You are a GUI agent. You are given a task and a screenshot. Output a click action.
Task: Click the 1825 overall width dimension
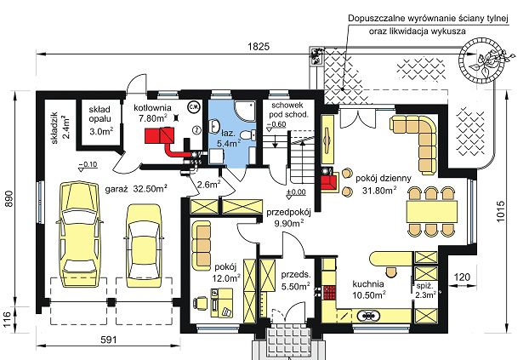pyautogui.click(x=259, y=47)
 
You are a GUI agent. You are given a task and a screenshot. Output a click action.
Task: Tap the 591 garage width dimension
pyautogui.click(x=109, y=340)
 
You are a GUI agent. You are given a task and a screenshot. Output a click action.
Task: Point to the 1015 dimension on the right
pyautogui.click(x=501, y=211)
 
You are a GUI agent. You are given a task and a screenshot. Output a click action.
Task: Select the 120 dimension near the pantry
pyautogui.click(x=462, y=277)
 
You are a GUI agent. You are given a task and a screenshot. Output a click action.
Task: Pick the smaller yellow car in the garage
pyautogui.click(x=144, y=245)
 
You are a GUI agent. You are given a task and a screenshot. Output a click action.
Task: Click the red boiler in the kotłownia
pyautogui.click(x=160, y=134)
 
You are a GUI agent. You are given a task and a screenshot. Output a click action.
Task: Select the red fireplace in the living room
pyautogui.click(x=328, y=181)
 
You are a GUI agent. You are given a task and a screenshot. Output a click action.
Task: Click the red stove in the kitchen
pyautogui.click(x=330, y=293)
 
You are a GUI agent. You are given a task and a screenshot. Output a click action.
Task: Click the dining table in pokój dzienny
pyautogui.click(x=432, y=211)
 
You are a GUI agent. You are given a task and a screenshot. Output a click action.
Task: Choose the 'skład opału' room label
pyautogui.click(x=100, y=114)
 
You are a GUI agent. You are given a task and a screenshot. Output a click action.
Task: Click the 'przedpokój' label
pyautogui.click(x=288, y=213)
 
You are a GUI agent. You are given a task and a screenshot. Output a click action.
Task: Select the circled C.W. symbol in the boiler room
pyautogui.click(x=194, y=106)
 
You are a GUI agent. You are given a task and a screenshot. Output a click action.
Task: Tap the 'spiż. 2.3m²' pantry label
pyautogui.click(x=425, y=290)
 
